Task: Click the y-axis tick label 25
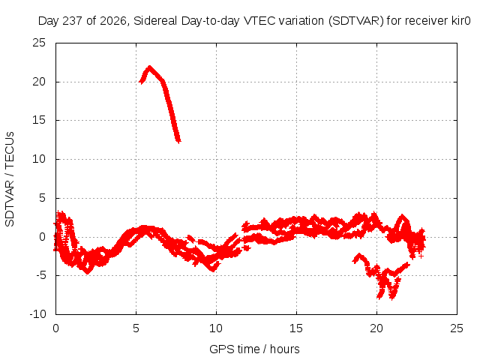pos(39,43)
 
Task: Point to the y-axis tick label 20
pos(39,82)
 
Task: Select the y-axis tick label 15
pos(39,120)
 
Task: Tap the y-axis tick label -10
pos(37,314)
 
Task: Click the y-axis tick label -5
pos(40,275)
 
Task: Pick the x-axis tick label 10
pos(216,328)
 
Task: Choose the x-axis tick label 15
pos(296,328)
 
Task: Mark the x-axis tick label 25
pos(457,328)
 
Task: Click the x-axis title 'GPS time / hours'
pos(254,349)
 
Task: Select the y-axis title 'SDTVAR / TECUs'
pos(10,179)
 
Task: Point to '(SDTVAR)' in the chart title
pos(355,21)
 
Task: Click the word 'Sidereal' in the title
pos(155,21)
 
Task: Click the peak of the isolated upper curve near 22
pos(149,67)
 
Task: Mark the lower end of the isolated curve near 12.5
pos(178,141)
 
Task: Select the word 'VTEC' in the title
pos(256,21)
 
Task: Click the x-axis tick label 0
pos(55,328)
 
